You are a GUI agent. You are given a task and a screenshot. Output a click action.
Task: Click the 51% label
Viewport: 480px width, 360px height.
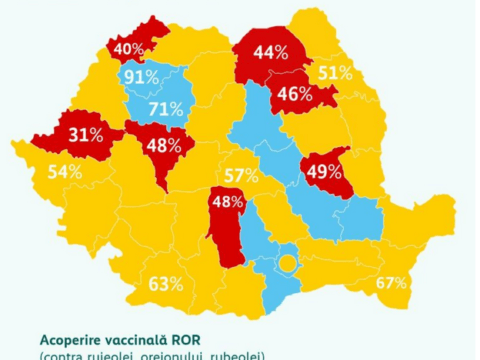pos(334,72)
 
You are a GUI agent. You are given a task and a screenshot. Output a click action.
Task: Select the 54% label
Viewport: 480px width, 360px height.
pos(64,172)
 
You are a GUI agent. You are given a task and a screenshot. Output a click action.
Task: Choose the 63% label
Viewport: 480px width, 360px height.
pos(166,283)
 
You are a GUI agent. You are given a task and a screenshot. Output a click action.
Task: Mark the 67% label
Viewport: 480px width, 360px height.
pos(391,283)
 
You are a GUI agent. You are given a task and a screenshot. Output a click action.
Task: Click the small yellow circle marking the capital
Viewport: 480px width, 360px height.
pos(287,265)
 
